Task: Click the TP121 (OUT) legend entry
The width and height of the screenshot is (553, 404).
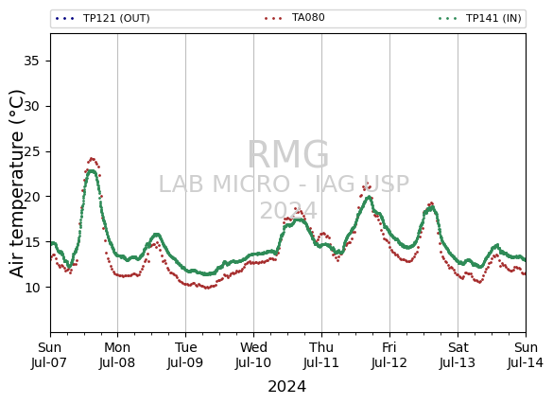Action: [x=103, y=18]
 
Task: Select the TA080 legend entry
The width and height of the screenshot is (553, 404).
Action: [x=295, y=18]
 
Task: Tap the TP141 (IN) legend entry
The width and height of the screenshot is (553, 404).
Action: [x=479, y=18]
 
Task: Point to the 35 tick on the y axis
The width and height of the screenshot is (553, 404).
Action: [x=31, y=61]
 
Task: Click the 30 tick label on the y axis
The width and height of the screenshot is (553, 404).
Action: [x=31, y=106]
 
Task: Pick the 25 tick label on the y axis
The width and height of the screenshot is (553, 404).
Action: [x=31, y=151]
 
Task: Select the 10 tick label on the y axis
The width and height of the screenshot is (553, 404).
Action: [x=31, y=288]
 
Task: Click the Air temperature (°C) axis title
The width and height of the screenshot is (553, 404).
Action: [x=17, y=184]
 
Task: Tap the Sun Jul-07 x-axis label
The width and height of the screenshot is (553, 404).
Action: [x=49, y=355]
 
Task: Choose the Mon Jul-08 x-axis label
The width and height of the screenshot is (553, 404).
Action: [x=117, y=355]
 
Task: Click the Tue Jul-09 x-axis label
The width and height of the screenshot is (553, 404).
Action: [x=185, y=355]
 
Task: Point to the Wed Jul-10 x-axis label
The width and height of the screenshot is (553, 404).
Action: [x=253, y=355]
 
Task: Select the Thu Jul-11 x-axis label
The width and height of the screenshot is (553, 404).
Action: [x=321, y=355]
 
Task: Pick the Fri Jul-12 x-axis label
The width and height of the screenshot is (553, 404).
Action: [x=389, y=355]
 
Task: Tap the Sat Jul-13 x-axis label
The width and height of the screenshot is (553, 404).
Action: [x=458, y=355]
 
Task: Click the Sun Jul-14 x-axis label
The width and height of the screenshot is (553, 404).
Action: [x=526, y=355]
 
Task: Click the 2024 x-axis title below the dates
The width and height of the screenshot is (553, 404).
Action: [x=286, y=387]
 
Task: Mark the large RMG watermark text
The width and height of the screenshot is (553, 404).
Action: [x=288, y=154]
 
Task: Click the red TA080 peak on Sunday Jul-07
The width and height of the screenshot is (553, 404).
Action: [x=92, y=159]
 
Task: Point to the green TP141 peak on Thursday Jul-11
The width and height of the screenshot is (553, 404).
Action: [x=369, y=197]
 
